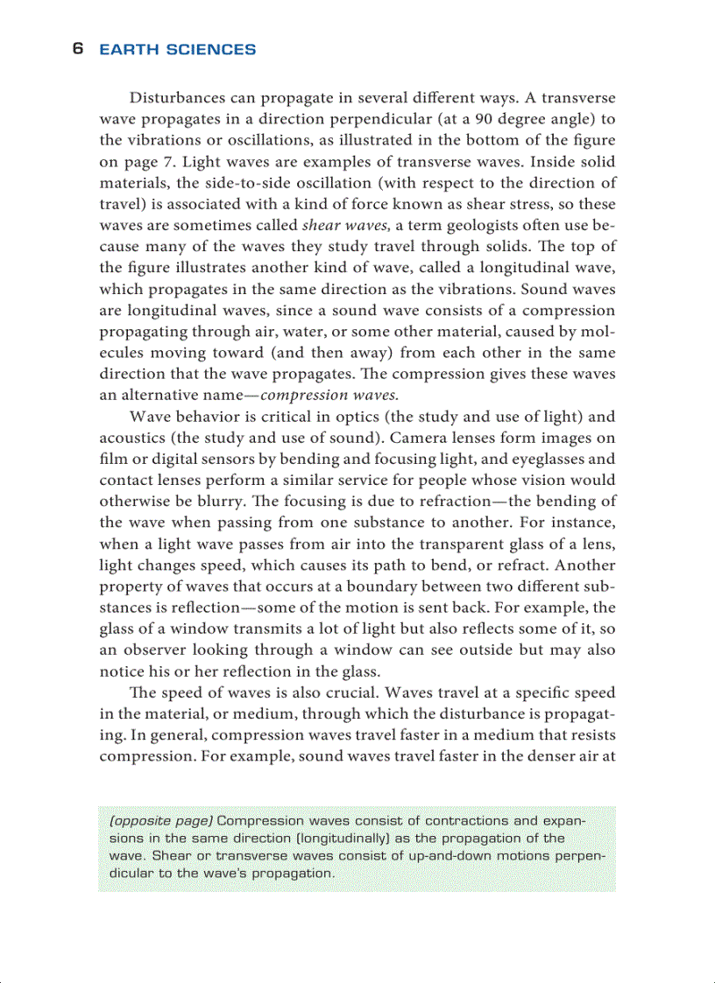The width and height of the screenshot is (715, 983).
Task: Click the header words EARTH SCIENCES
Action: pos(178,50)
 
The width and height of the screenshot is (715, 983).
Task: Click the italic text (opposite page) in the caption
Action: pos(160,821)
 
